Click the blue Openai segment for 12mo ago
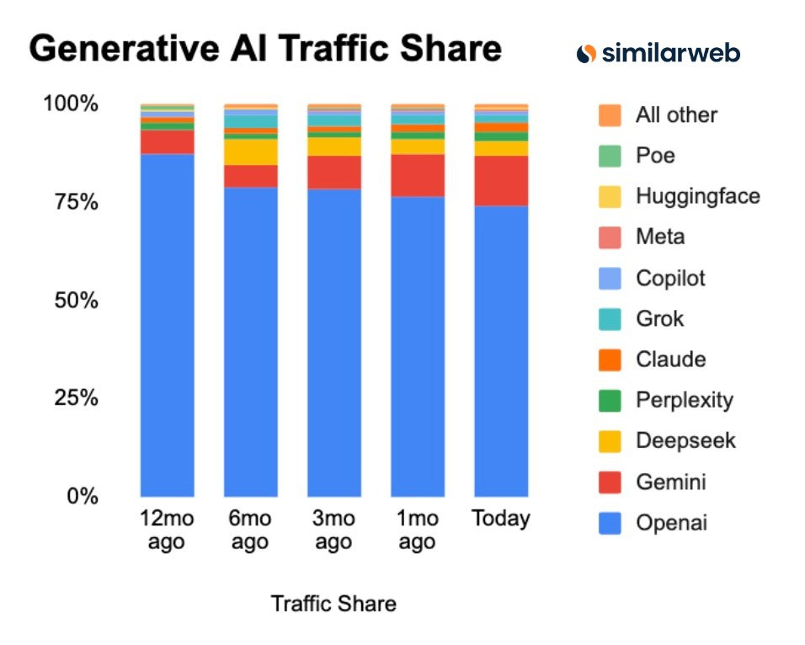click(167, 324)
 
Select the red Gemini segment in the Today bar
click(501, 180)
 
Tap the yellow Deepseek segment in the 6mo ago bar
click(250, 152)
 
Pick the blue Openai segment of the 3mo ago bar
click(333, 341)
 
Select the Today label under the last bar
click(501, 518)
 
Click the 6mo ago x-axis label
click(250, 530)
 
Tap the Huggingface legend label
click(697, 196)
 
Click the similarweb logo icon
click(586, 53)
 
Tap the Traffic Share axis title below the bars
click(333, 603)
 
